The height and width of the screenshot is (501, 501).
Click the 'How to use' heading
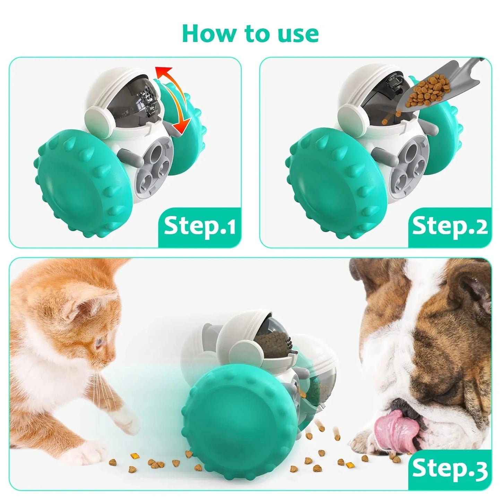click(250, 33)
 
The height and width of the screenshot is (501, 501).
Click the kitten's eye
click(100, 343)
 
